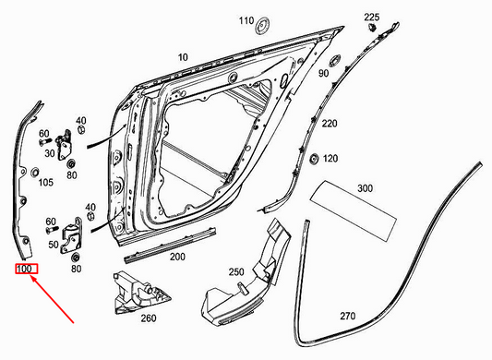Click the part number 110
click(x=246, y=19)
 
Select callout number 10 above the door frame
click(x=183, y=57)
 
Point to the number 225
click(x=372, y=18)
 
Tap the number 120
click(x=330, y=159)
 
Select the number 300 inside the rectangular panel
click(x=366, y=188)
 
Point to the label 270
click(x=347, y=316)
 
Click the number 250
click(x=236, y=271)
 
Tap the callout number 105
click(x=45, y=182)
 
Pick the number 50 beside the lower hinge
click(x=53, y=244)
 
